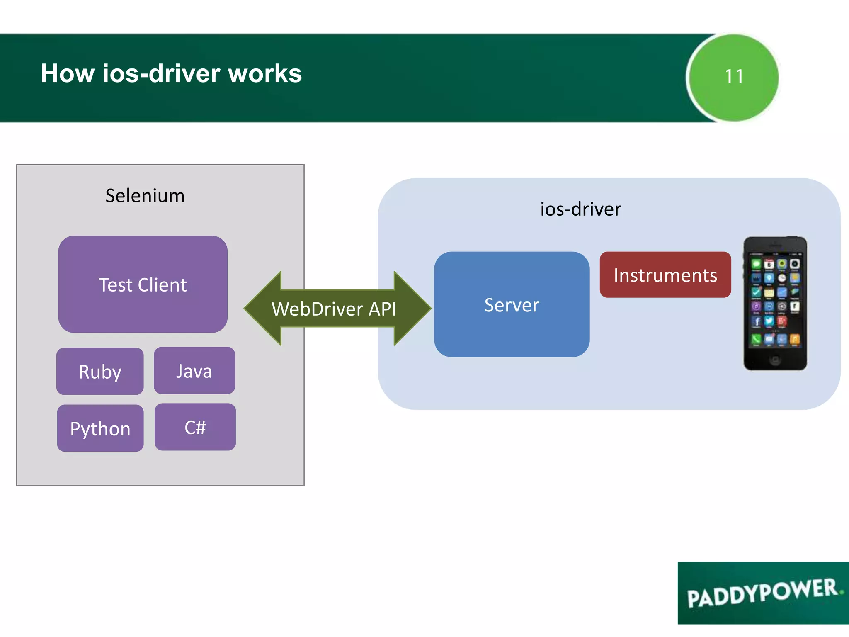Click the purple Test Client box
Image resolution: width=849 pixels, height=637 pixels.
(x=143, y=284)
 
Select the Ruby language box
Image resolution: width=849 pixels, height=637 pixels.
(x=100, y=371)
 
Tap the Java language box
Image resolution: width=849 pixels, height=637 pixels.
(x=194, y=370)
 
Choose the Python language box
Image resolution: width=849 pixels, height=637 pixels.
(x=100, y=428)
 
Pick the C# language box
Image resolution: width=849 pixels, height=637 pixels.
(x=195, y=427)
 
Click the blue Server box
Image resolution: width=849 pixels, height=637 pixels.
(x=512, y=304)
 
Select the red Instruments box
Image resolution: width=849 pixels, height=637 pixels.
(x=665, y=275)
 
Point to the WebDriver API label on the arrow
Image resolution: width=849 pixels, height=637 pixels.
(x=334, y=309)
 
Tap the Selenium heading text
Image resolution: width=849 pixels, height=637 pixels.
(x=145, y=195)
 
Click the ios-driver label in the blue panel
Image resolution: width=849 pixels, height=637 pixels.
(x=580, y=209)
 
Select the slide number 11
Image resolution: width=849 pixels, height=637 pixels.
(x=734, y=77)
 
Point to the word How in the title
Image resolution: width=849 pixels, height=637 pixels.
(x=68, y=73)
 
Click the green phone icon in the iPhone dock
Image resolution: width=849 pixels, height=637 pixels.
(x=756, y=340)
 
